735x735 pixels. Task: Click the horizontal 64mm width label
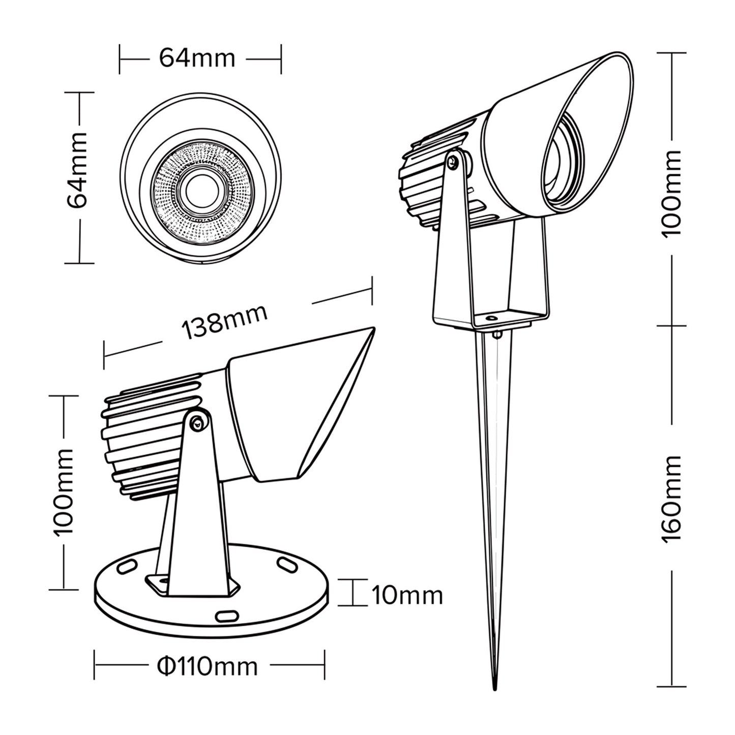tap(197, 58)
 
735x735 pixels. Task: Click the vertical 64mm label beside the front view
tap(78, 170)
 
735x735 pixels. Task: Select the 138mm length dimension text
tap(224, 322)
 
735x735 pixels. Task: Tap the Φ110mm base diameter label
tap(208, 665)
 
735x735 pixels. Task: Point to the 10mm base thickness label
tap(407, 595)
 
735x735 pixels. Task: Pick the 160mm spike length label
tap(671, 499)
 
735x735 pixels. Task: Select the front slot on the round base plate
tap(226, 616)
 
